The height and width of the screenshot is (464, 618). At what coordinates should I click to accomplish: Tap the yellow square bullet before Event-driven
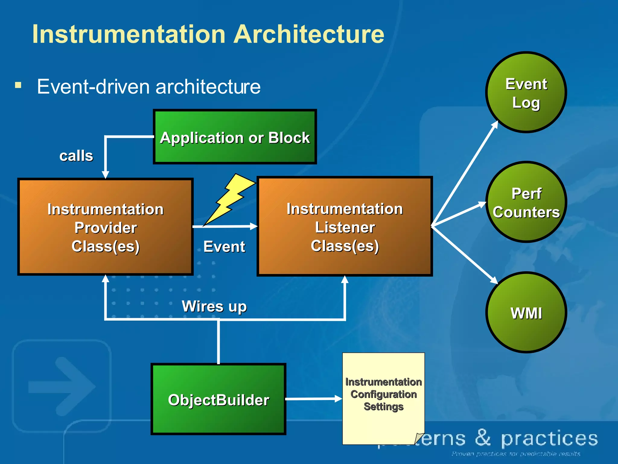18,85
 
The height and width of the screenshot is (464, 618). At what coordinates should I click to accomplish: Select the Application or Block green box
235,137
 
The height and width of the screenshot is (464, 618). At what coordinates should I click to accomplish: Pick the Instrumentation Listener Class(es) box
345,227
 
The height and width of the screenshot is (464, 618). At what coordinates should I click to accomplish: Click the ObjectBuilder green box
218,399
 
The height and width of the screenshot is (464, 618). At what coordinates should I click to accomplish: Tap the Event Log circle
526,92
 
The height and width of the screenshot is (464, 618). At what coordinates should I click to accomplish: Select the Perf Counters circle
526,202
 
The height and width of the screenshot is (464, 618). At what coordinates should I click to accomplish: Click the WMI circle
526,312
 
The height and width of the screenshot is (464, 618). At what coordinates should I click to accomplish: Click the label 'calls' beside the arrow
76,156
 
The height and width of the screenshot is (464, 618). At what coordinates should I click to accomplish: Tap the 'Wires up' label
214,306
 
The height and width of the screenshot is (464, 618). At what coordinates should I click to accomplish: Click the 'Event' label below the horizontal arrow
224,246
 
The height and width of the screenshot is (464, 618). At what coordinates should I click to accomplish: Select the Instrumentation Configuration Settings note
383,396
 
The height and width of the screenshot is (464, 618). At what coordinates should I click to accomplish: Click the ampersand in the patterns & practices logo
483,438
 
